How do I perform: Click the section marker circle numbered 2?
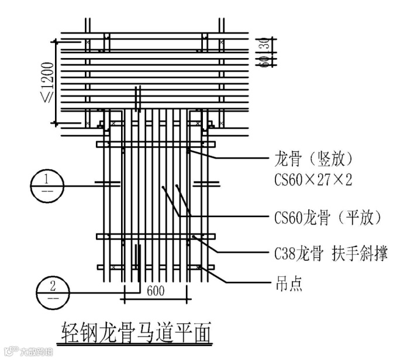(x=53, y=292)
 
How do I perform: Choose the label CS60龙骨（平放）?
(x=328, y=218)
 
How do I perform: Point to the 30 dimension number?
(x=264, y=44)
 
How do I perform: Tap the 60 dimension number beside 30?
(x=264, y=59)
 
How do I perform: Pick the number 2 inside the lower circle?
(x=53, y=285)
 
